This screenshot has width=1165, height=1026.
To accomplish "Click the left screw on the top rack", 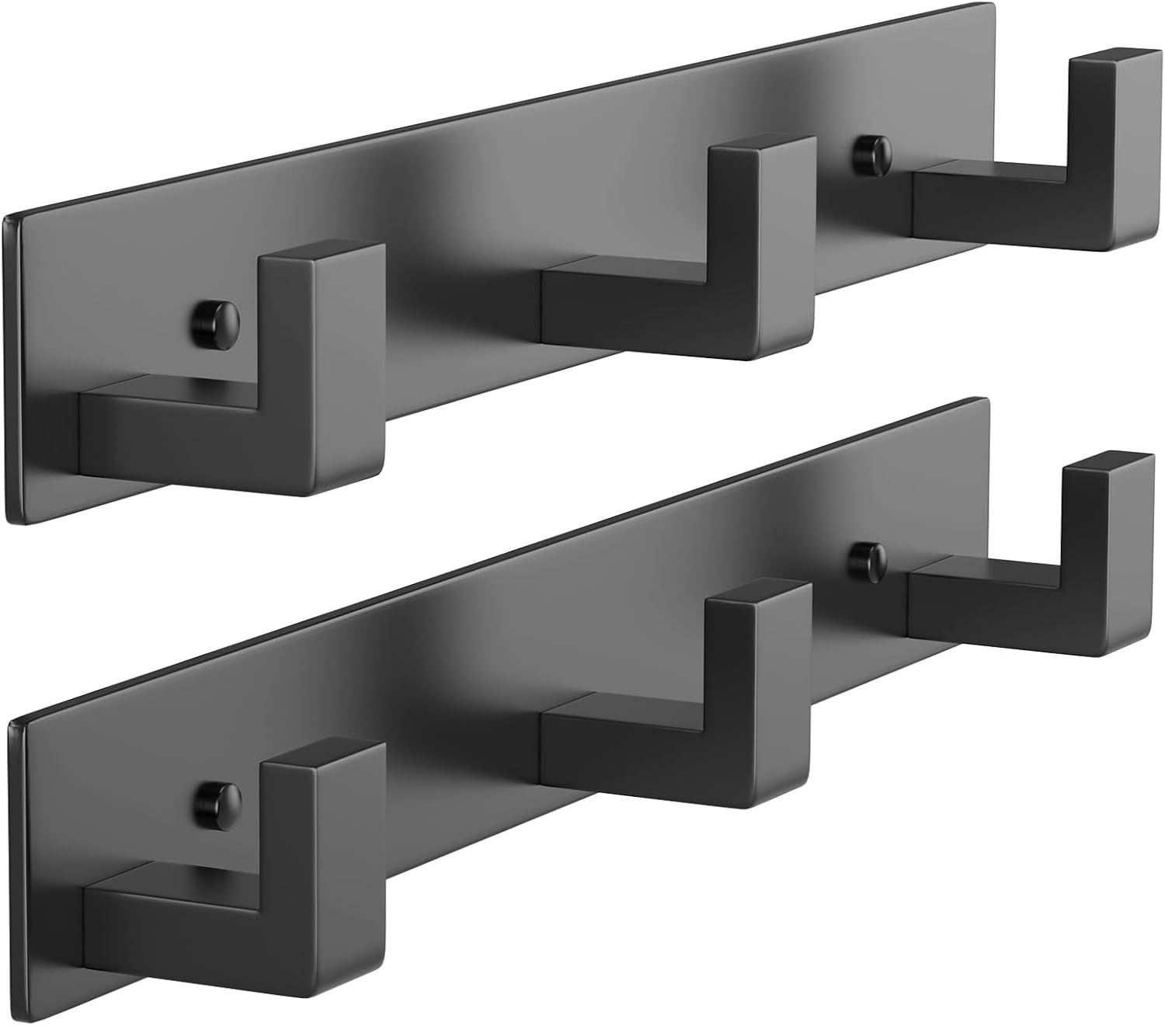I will [215, 321].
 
